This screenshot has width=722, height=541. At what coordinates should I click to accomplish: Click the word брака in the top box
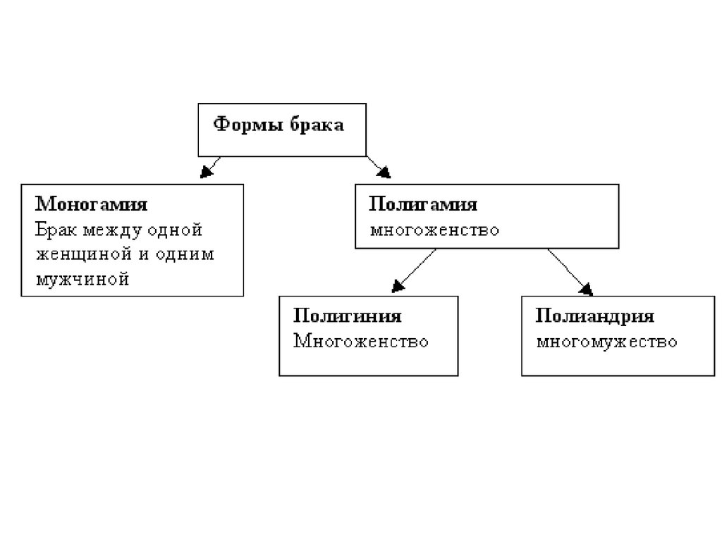point(317,125)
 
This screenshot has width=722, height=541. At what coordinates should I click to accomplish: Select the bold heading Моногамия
point(91,204)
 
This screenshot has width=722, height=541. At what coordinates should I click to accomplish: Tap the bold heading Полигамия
point(423,204)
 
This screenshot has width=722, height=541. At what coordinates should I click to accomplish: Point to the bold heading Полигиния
point(347,316)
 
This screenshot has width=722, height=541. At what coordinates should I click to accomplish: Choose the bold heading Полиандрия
point(594,316)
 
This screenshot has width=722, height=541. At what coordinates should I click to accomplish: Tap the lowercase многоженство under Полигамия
point(434,230)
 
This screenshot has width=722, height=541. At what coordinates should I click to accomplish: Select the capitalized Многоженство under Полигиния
point(360,342)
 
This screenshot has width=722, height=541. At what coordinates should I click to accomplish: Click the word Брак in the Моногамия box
point(55,230)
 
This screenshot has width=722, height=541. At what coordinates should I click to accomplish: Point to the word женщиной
point(84,254)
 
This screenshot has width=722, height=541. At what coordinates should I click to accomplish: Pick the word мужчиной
point(82,280)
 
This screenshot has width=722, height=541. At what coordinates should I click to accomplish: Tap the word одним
point(185,254)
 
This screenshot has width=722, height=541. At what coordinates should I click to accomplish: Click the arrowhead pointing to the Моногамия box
point(207,172)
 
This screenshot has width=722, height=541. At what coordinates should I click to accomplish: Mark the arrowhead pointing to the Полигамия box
point(384,172)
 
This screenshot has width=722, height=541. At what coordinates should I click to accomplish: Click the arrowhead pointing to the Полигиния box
point(398,286)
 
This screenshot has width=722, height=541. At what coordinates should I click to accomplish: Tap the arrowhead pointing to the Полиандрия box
point(586,290)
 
